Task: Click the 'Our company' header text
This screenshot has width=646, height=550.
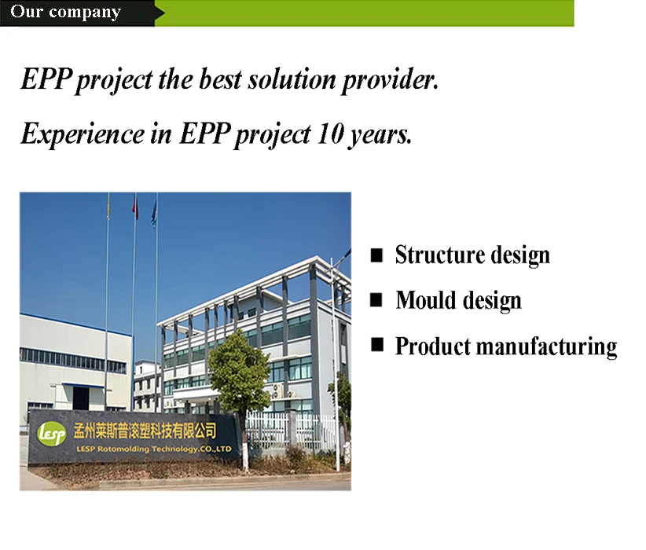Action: pos(65,12)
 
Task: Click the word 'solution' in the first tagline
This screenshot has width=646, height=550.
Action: pos(292,79)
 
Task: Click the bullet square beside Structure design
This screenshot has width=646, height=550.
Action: pos(376,255)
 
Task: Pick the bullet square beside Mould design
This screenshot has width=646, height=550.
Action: pos(376,300)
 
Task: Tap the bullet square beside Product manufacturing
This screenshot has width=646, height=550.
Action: pos(376,344)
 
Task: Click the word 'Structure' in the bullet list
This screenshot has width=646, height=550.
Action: pos(439,255)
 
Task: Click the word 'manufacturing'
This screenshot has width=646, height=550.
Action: pos(547,346)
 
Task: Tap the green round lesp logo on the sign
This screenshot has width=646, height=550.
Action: pos(51,434)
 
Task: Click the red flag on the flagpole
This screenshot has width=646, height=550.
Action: pos(135,207)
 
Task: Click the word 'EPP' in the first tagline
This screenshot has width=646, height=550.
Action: pos(46,79)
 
